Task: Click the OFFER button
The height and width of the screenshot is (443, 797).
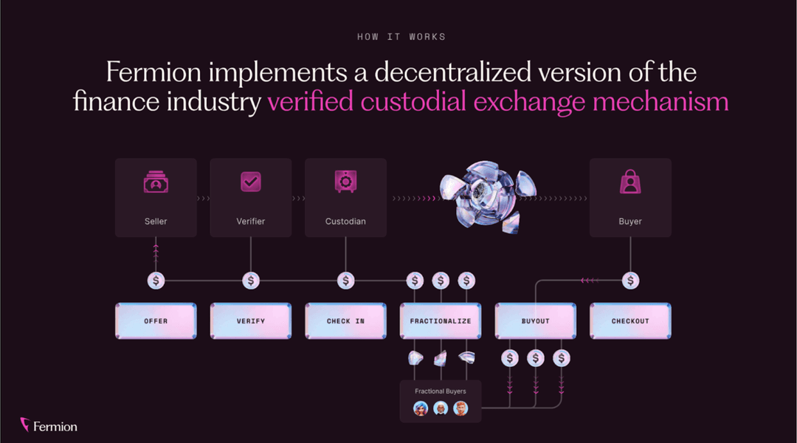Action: click(x=156, y=321)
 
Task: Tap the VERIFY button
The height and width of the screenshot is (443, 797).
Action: click(x=251, y=321)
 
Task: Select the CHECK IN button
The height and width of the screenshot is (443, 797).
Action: click(x=345, y=321)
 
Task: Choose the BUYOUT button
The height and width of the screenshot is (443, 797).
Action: click(x=535, y=321)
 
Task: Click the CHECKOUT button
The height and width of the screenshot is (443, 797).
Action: click(x=630, y=321)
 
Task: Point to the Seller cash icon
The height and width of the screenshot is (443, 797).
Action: click(x=156, y=182)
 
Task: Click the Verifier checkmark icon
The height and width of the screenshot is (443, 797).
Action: click(x=251, y=182)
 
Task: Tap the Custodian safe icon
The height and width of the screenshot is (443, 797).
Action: click(x=345, y=182)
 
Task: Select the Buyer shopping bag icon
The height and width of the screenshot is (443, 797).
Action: click(x=630, y=182)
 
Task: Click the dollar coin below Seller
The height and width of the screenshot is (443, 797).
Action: click(x=156, y=281)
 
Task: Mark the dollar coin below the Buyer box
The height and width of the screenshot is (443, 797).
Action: click(x=630, y=281)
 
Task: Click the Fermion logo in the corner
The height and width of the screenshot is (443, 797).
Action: click(x=49, y=425)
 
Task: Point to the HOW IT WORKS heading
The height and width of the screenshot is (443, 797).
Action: click(x=401, y=37)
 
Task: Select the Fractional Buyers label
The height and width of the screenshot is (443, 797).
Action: click(x=440, y=391)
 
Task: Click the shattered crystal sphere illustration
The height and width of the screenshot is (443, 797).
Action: click(x=487, y=197)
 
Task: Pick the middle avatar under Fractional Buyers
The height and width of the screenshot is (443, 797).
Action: click(x=441, y=408)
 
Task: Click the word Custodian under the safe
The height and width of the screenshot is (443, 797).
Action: click(x=345, y=221)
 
